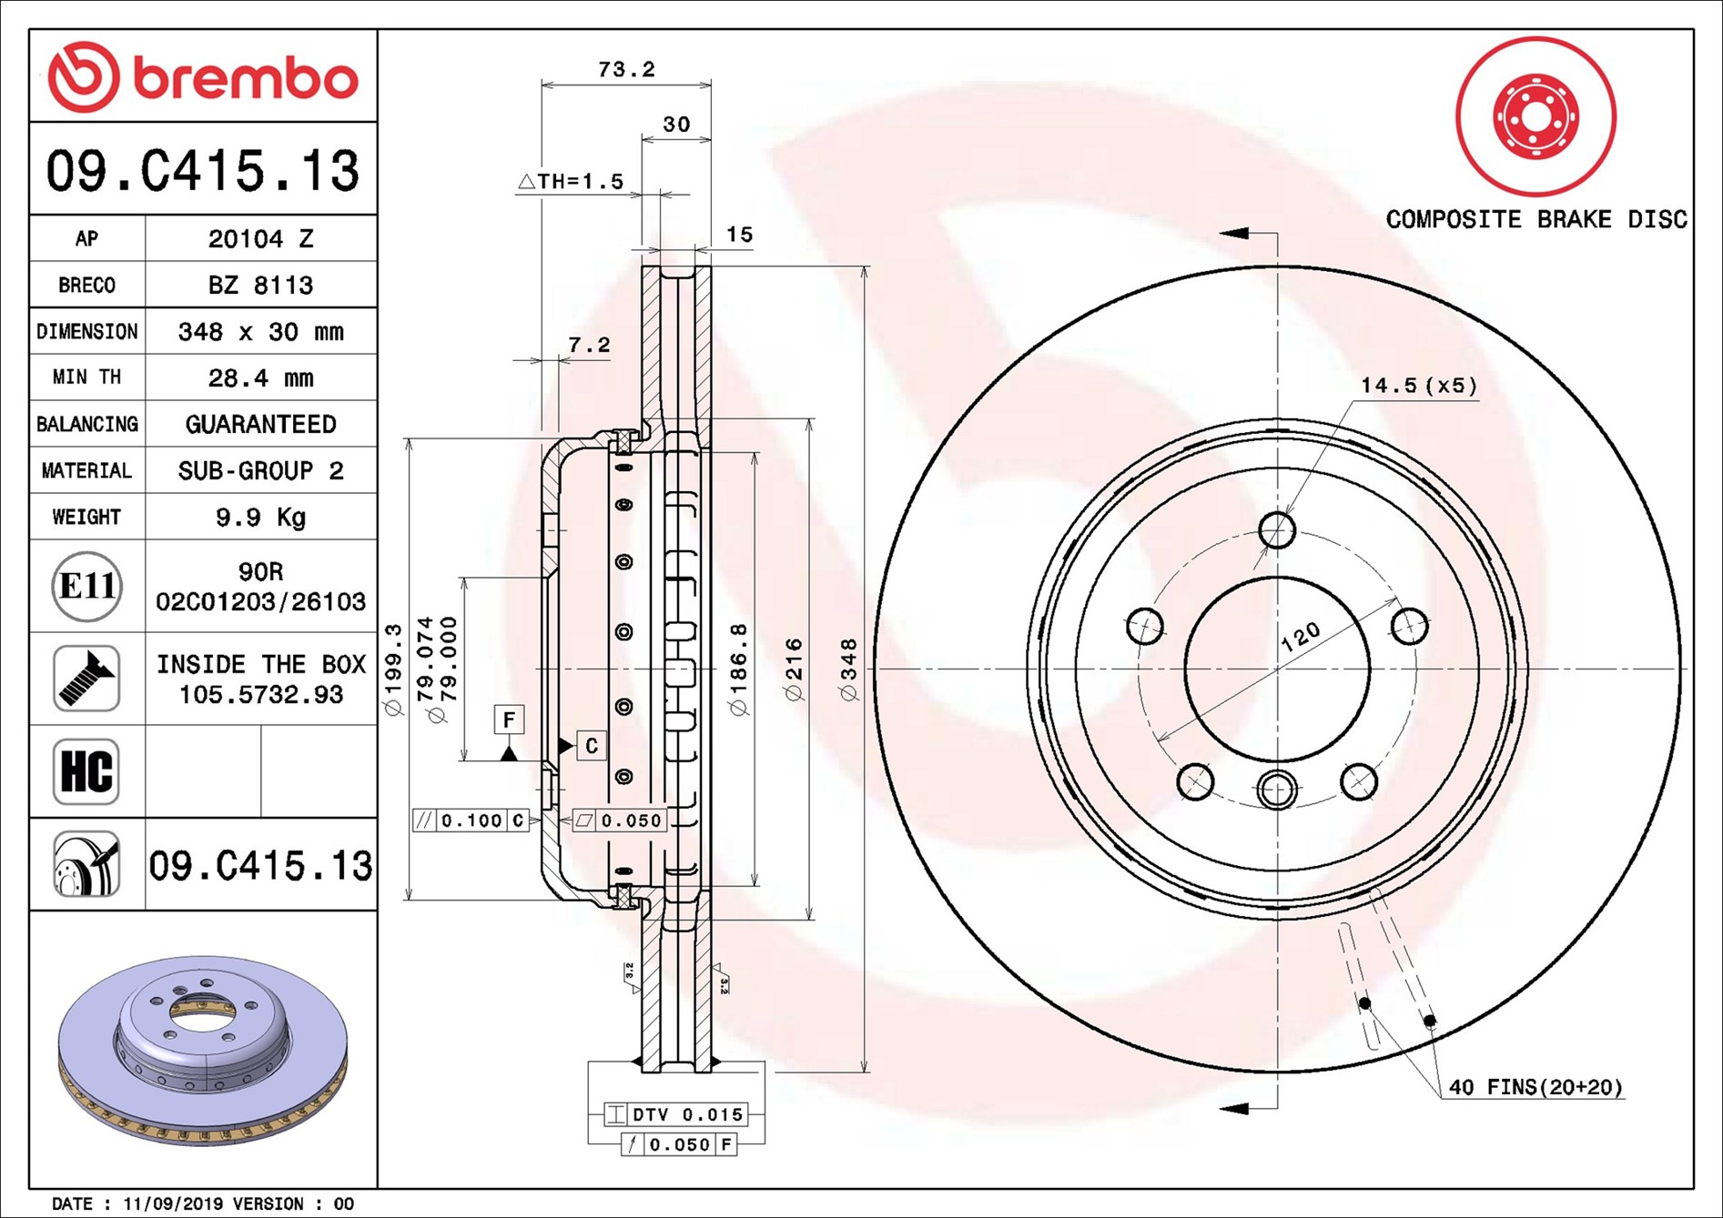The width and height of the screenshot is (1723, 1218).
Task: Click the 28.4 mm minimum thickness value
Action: pos(260,377)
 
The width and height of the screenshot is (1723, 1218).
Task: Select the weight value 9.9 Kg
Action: pos(260,517)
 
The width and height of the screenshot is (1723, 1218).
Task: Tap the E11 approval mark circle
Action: pos(86,586)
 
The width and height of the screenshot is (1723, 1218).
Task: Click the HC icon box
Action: pos(86,771)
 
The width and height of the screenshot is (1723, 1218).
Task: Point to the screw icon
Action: pos(86,679)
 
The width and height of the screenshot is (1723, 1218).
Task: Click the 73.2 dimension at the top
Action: pos(626,69)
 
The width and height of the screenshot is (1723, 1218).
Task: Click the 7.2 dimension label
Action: pos(589,345)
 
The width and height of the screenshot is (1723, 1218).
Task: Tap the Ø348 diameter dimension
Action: pos(848,669)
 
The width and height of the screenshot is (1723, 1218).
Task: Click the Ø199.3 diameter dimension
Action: pos(393,669)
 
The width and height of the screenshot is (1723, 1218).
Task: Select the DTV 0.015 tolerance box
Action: pos(676,1114)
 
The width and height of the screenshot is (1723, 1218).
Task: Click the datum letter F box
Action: pos(509,720)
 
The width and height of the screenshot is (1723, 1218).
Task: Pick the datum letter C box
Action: pos(591,746)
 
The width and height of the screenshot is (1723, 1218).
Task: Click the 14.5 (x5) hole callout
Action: pos(1418,386)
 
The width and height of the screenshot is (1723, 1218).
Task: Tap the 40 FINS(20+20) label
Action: pos(1535,1087)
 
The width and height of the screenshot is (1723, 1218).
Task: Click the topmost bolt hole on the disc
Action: pos(1277,529)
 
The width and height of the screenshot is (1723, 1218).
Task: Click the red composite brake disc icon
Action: pos(1535,116)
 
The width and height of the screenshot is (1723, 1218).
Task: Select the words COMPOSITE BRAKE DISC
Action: pos(1535,219)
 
